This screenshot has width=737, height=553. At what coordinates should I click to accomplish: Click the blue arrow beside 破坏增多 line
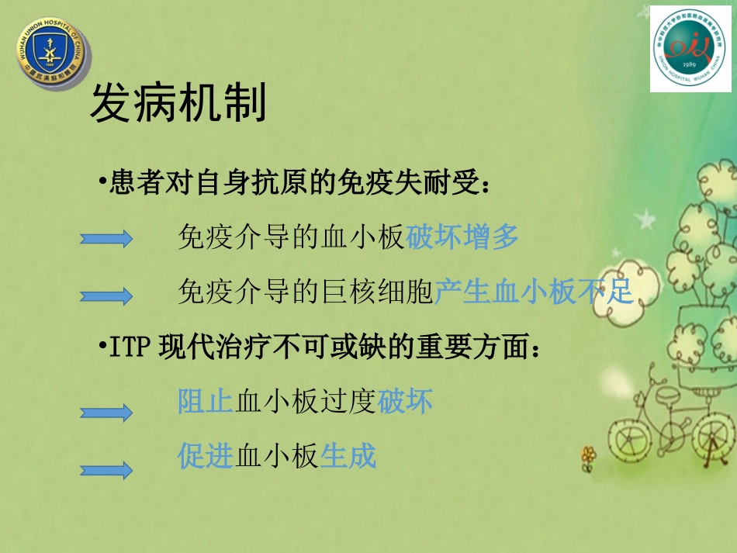(x=106, y=240)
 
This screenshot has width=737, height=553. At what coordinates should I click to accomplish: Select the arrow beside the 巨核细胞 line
(x=106, y=295)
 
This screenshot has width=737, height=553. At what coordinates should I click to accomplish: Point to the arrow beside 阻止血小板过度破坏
(x=106, y=413)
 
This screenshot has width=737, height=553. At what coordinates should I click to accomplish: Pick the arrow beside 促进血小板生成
(x=106, y=469)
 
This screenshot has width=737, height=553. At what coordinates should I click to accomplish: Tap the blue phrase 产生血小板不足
(x=535, y=292)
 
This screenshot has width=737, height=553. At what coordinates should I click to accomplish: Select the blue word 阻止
(x=206, y=401)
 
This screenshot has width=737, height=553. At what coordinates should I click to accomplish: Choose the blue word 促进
(x=206, y=456)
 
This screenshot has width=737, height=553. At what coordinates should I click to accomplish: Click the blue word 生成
(x=348, y=456)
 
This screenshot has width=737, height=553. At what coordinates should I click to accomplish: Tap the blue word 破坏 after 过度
(x=404, y=401)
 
